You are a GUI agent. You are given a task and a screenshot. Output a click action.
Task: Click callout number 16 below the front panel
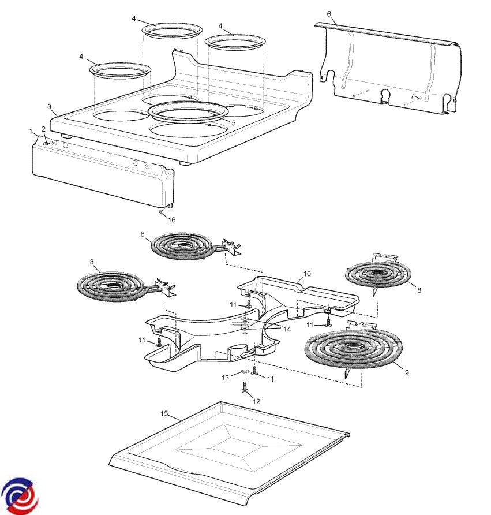click(x=171, y=219)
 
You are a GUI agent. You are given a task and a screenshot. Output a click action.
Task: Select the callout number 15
click(x=164, y=413)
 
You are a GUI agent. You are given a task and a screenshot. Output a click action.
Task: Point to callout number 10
click(x=307, y=273)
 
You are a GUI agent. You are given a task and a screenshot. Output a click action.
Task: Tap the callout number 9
click(x=407, y=373)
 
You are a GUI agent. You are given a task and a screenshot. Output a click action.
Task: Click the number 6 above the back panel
click(x=329, y=13)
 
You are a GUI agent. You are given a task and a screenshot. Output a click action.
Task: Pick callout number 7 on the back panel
click(x=412, y=95)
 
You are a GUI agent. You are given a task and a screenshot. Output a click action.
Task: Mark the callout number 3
click(x=50, y=107)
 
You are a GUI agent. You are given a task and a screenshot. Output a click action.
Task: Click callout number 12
click(x=257, y=401)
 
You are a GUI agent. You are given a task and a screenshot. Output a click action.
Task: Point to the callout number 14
click(x=287, y=329)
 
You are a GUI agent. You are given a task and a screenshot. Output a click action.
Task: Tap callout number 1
click(x=31, y=132)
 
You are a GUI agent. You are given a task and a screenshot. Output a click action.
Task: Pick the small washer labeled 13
click(x=244, y=371)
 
